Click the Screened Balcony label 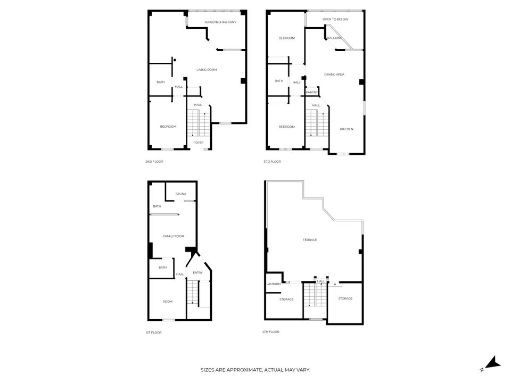(x=220, y=22)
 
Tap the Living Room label (x=207, y=70)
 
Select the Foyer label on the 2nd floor (x=199, y=143)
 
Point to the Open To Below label (x=335, y=19)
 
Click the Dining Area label (x=334, y=74)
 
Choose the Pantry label (x=312, y=93)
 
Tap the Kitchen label (x=347, y=129)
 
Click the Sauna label (x=181, y=194)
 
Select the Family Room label (x=174, y=236)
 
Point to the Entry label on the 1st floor (x=198, y=272)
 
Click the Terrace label (x=310, y=240)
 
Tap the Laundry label (x=274, y=284)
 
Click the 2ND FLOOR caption (x=154, y=162)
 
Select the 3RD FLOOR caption (x=272, y=162)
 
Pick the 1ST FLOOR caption (x=153, y=332)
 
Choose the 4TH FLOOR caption (x=271, y=332)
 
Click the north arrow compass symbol (x=492, y=364)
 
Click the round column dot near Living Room (x=175, y=60)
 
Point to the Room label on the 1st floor (x=168, y=302)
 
